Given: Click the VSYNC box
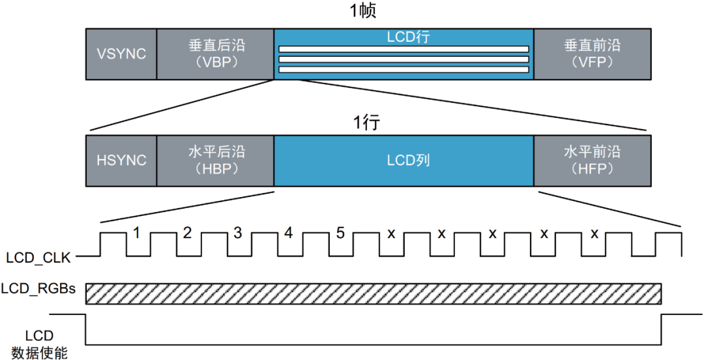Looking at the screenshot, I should point(122,54).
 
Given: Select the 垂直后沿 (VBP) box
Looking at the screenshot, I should point(216,54).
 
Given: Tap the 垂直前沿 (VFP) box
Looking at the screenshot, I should point(592,54).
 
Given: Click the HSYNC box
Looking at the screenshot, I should point(122,161).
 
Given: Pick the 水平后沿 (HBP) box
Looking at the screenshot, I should point(216,161).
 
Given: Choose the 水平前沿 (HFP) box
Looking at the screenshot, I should point(592,161).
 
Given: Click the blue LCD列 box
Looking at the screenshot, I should point(404,161).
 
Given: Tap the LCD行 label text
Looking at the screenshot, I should point(404,37).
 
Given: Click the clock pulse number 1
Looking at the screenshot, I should point(137,232).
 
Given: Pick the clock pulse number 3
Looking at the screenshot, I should point(238,232).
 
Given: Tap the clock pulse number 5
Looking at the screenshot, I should point(340,232).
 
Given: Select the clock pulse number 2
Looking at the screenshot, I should point(188,232).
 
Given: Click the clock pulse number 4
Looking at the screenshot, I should point(289,232).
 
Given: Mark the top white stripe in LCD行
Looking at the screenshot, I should point(403,49).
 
